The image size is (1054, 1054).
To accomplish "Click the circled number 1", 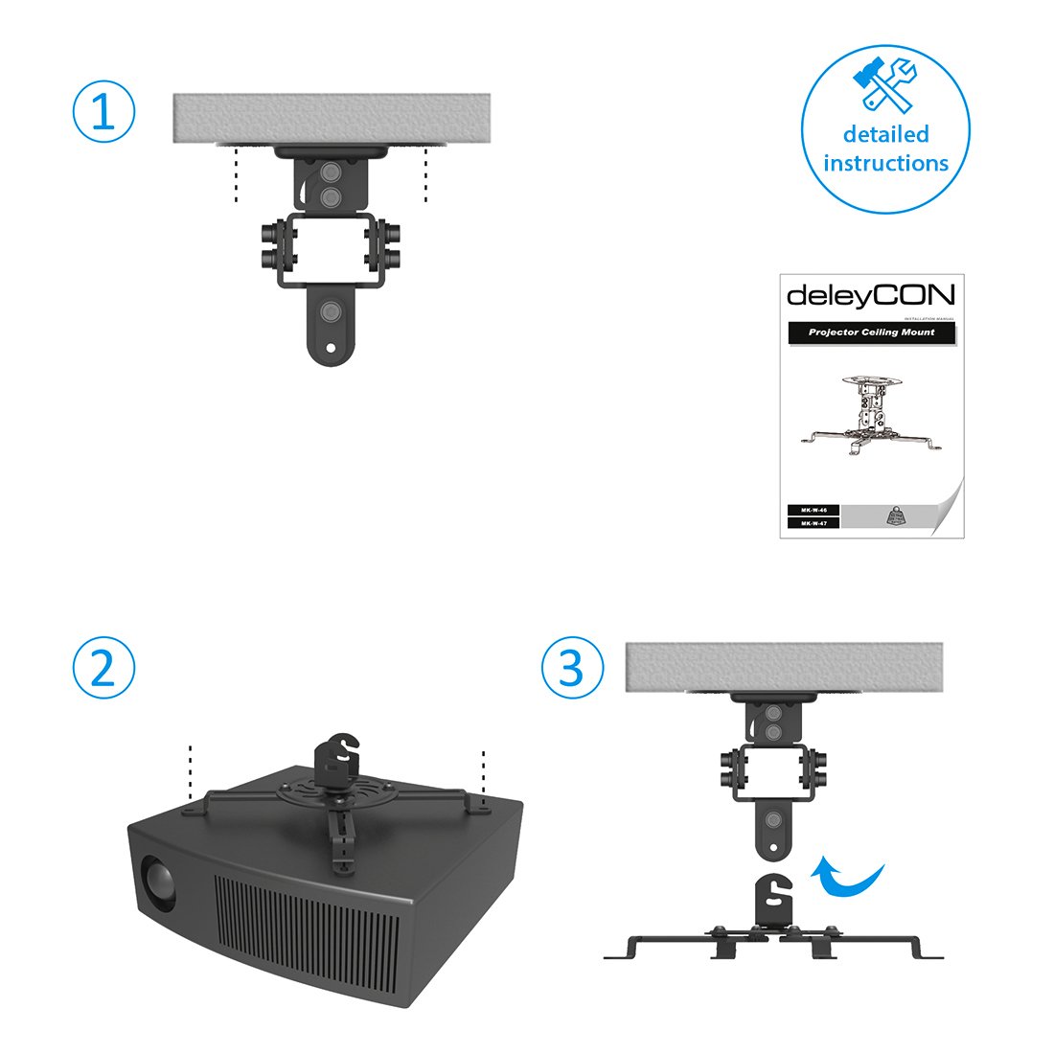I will [103, 112].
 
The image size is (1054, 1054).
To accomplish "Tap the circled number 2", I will [103, 668].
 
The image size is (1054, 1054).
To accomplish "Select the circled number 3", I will [572, 668].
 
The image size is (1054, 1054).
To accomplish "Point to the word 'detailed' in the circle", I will [885, 134].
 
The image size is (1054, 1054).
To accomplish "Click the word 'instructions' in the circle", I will [885, 163].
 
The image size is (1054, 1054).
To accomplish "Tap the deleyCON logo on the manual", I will [870, 295].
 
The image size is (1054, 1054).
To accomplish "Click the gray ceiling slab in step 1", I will [332, 118].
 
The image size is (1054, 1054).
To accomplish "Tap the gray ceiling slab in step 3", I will [783, 665].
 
